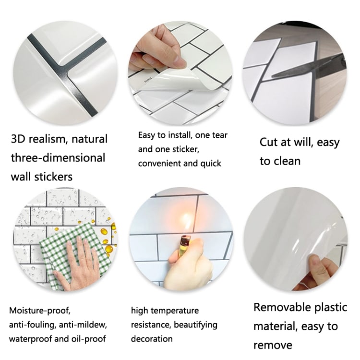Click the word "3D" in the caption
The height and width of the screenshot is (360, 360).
tap(21, 139)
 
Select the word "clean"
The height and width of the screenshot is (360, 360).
tap(287, 161)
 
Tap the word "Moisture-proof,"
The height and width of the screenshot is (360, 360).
tap(42, 311)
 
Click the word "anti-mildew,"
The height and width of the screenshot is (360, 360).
tap(86, 325)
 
